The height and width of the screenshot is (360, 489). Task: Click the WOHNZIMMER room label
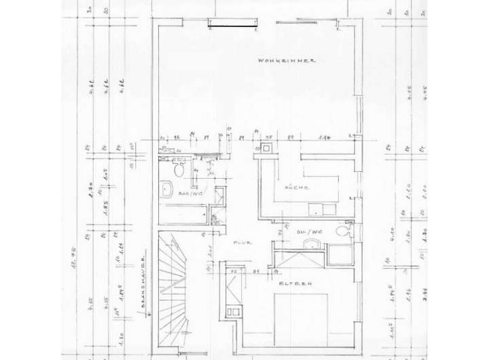coord(289,61)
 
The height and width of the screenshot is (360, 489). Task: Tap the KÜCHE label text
coord(297,187)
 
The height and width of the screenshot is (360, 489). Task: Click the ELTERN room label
coord(289,284)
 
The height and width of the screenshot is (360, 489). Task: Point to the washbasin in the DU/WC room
coord(312,244)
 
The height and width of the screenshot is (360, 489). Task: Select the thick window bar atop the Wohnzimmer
coord(232,26)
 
